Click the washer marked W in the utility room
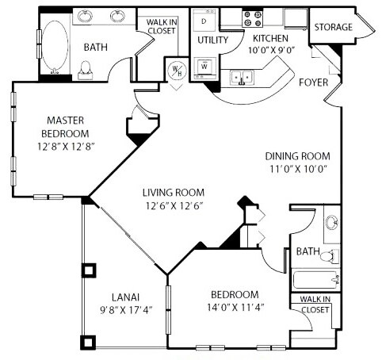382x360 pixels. point(204,66)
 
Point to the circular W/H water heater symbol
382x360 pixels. point(176,70)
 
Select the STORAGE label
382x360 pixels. point(333,28)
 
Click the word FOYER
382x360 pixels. point(314,82)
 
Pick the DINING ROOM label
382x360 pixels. point(297,156)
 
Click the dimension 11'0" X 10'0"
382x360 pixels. point(297,169)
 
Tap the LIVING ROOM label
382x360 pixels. point(174,193)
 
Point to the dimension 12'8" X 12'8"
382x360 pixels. point(66,146)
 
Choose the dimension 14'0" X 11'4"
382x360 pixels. point(235,306)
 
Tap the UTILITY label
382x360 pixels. point(213,40)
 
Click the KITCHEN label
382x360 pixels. point(272,37)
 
